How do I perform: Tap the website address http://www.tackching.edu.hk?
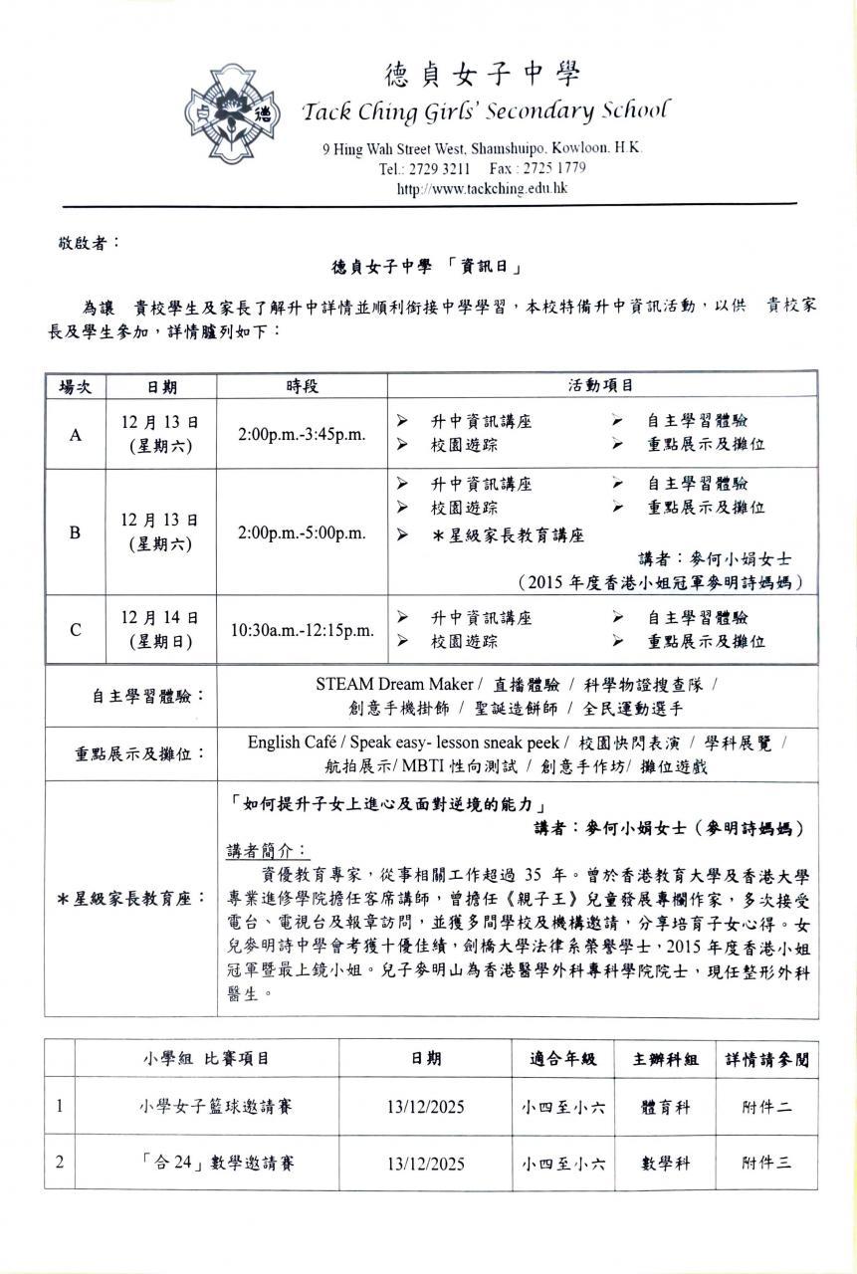(481, 188)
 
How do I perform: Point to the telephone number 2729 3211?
(435, 168)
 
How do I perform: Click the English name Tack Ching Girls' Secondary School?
(486, 110)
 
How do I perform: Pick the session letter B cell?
(75, 532)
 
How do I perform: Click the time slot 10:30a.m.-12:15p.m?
(302, 630)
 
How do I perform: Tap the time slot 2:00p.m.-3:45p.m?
(302, 434)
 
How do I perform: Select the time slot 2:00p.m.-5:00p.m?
(302, 532)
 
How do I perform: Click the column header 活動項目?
(601, 385)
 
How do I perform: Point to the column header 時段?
(302, 385)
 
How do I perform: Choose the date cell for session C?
(160, 630)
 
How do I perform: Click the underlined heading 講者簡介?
(267, 852)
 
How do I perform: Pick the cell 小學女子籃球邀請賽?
(206, 1107)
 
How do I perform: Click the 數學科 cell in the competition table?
(665, 1162)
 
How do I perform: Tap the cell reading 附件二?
(766, 1107)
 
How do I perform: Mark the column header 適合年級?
(563, 1059)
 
